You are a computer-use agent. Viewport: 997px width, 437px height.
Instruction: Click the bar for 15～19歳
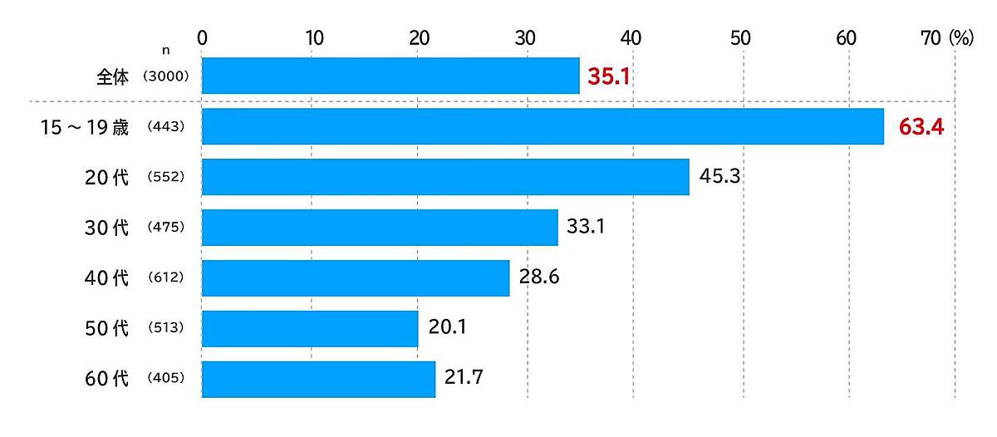(x=542, y=126)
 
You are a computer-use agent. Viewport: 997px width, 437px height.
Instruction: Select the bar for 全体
(x=390, y=76)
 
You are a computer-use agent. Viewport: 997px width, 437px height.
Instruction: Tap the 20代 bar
(x=445, y=177)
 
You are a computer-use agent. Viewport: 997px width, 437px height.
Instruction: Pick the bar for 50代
(x=309, y=329)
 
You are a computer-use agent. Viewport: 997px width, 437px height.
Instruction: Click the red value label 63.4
(x=921, y=128)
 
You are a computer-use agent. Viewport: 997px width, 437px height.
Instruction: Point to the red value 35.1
(x=610, y=77)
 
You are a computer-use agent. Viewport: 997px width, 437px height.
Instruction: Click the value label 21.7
(x=464, y=380)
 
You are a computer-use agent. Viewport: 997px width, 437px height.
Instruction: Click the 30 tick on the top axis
(x=524, y=37)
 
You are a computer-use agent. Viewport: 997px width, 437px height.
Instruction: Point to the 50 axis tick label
(x=739, y=37)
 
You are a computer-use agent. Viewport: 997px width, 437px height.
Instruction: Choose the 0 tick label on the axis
(x=202, y=37)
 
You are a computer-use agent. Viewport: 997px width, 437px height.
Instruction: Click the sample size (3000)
(x=166, y=76)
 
